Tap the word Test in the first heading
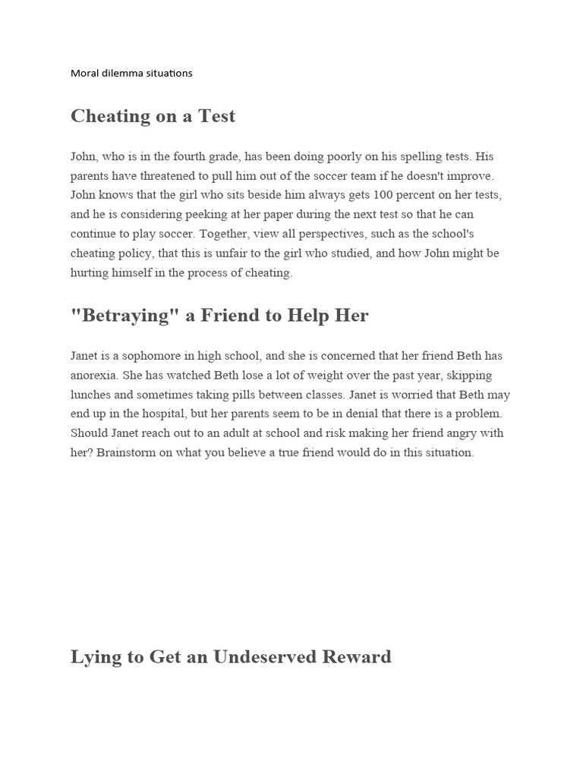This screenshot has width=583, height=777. click(216, 116)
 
